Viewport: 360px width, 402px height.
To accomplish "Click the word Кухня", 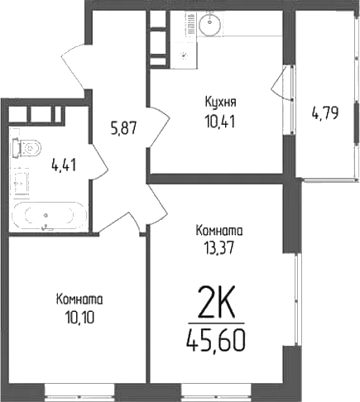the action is pyautogui.click(x=221, y=102).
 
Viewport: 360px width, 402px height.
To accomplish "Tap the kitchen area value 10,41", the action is pyautogui.click(x=220, y=122).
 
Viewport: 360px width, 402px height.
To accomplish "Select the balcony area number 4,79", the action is pyautogui.click(x=325, y=113).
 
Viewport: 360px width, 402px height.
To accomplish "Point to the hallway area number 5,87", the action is pyautogui.click(x=123, y=128).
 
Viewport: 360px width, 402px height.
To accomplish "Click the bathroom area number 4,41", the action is pyautogui.click(x=64, y=165).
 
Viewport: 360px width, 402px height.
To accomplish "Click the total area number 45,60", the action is pyautogui.click(x=216, y=341).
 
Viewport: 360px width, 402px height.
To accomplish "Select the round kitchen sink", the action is pyautogui.click(x=210, y=22).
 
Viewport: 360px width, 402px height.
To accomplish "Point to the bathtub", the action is pyautogui.click(x=49, y=216).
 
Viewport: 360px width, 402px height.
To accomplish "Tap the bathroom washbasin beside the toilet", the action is pyautogui.click(x=22, y=184).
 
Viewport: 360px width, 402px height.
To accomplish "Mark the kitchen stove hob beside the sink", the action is pyautogui.click(x=185, y=55).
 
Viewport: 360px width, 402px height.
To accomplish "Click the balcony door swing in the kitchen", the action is pyautogui.click(x=282, y=82).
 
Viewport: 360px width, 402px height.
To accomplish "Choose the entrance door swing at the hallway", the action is pyautogui.click(x=74, y=66).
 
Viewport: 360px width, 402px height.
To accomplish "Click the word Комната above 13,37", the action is pyautogui.click(x=219, y=231).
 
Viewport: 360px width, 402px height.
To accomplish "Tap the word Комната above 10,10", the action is pyautogui.click(x=79, y=299).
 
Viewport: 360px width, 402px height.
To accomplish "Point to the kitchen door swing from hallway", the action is pyautogui.click(x=160, y=127).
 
